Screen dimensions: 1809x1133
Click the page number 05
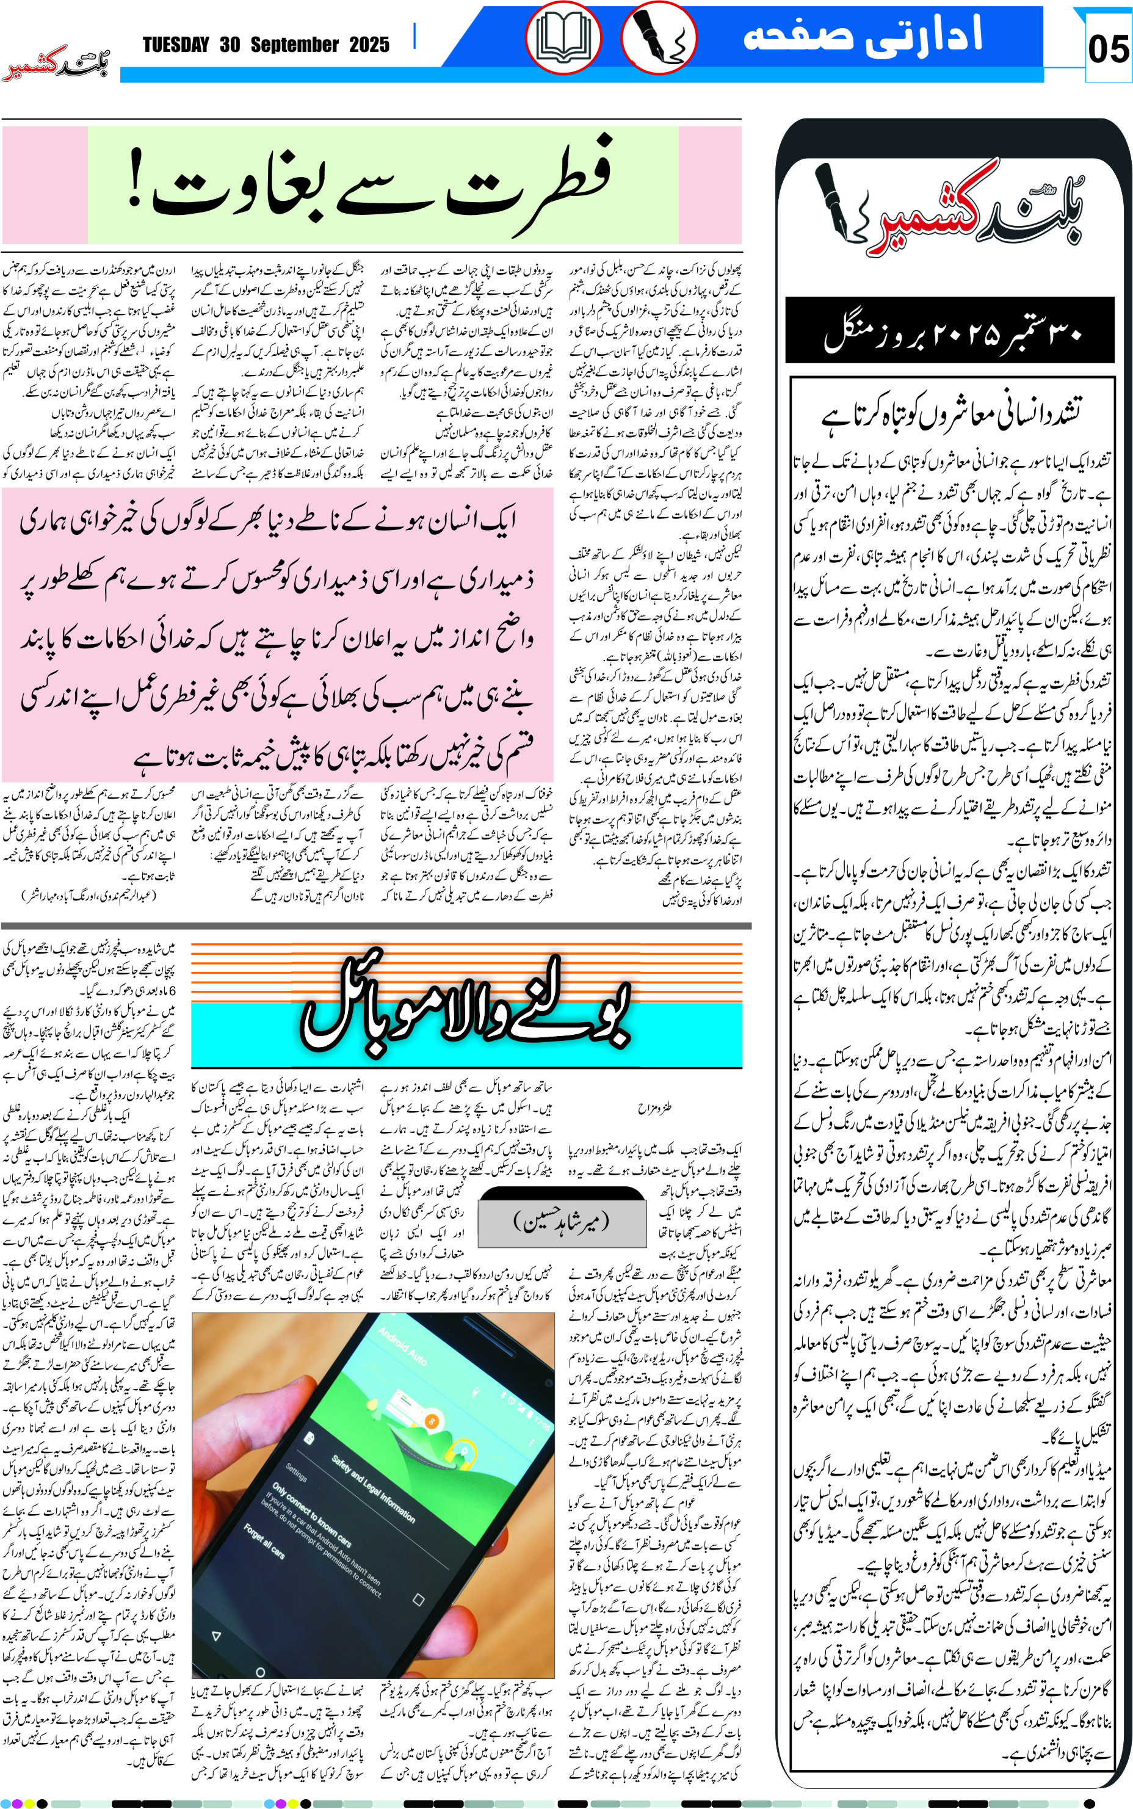click(1107, 49)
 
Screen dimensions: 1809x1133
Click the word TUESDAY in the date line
click(176, 45)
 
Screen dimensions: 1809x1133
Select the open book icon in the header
click(563, 39)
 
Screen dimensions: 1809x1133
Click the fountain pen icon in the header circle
click(657, 39)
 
